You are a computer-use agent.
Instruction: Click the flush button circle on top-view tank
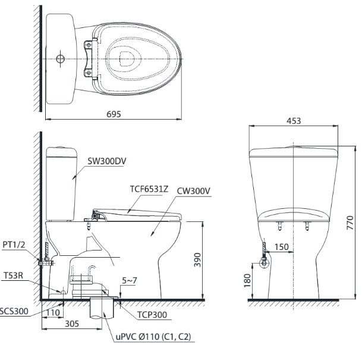[x=59, y=58]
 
